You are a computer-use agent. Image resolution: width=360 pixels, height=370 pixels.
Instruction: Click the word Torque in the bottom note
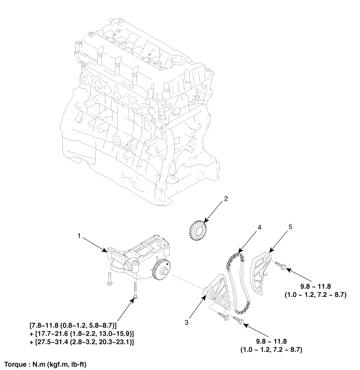tap(15, 363)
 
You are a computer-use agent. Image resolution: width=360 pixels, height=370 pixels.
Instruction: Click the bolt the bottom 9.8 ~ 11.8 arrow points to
tap(238, 320)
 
